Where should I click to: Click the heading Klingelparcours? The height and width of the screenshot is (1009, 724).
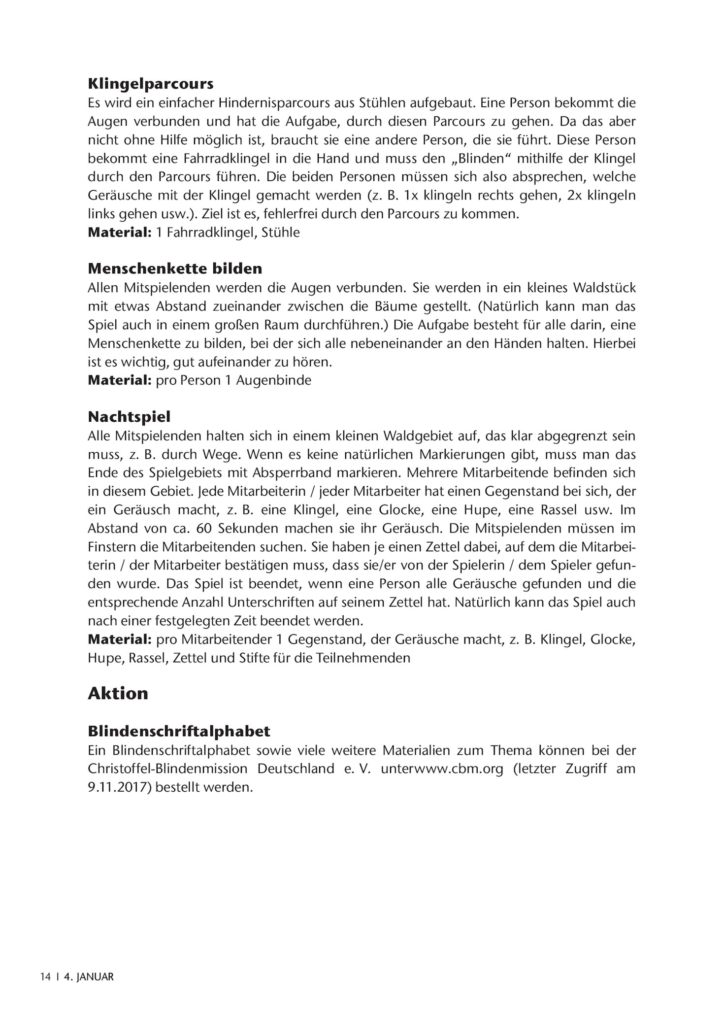[x=150, y=84]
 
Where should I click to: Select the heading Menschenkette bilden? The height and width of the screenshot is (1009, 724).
[x=175, y=269]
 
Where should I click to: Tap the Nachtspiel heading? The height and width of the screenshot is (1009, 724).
[x=129, y=417]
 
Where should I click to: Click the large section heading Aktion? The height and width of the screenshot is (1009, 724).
[x=118, y=693]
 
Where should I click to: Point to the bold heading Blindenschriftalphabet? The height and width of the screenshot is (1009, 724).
[x=179, y=731]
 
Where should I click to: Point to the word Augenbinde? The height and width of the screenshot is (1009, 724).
[x=273, y=380]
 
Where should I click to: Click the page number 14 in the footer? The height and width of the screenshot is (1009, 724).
[x=45, y=976]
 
